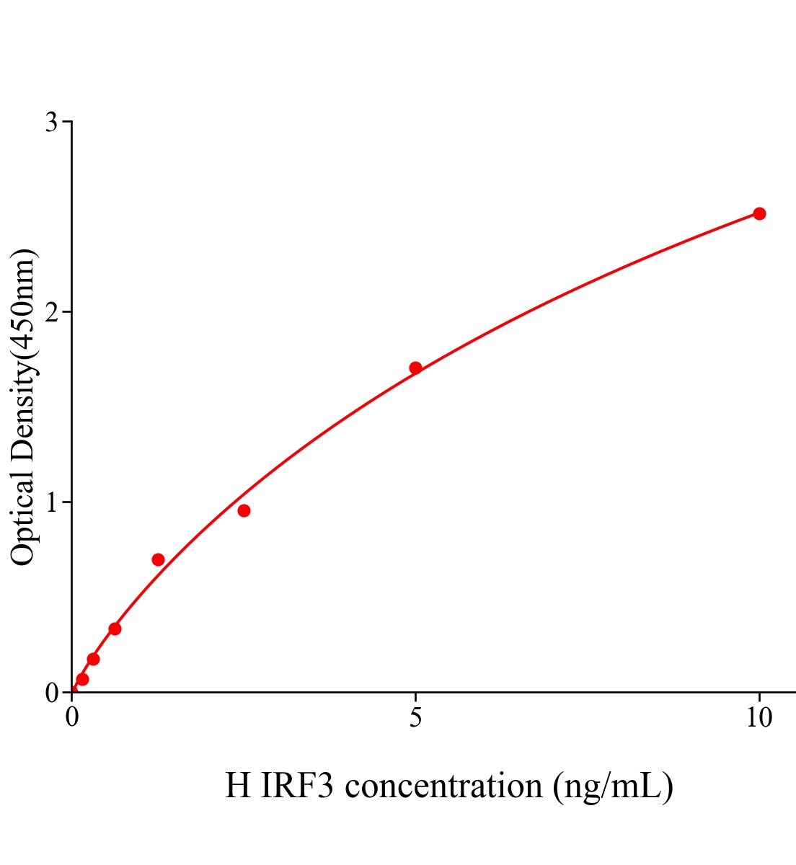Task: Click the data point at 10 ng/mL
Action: (759, 213)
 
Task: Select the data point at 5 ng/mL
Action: (415, 368)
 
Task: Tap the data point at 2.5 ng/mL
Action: (244, 511)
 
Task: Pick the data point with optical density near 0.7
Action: (158, 559)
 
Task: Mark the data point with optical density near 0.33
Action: (115, 629)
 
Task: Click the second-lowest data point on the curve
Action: (93, 659)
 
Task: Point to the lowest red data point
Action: (82, 679)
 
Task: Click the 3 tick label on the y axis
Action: (51, 123)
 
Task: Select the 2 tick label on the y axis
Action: (51, 312)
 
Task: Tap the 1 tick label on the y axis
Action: (51, 502)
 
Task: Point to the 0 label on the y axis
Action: (51, 693)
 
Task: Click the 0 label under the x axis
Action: (72, 718)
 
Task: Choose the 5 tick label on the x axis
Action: (415, 718)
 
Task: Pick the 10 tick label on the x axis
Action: (759, 718)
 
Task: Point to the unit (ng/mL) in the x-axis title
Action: (613, 786)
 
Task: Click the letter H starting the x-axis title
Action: (237, 786)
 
